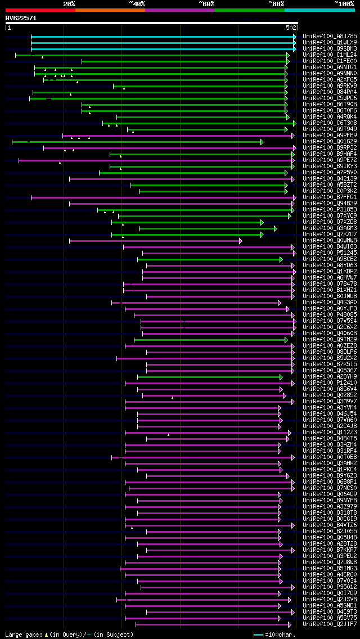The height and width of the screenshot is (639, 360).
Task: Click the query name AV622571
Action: coord(21,18)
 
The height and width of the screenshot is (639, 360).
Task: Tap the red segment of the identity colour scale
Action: coord(40,10)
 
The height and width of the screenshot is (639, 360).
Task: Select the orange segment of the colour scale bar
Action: coord(110,10)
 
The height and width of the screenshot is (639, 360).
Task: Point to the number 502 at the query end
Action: coord(291,28)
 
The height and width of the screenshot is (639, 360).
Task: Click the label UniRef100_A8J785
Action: coord(329,36)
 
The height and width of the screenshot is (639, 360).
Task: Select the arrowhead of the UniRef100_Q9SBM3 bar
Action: coord(294,48)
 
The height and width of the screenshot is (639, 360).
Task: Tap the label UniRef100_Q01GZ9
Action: coord(329,141)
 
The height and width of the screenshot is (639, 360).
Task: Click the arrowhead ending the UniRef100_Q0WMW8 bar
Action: coord(240,240)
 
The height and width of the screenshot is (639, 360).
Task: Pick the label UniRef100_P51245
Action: coord(329,253)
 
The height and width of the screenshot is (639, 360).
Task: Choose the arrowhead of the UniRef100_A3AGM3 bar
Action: coord(275,228)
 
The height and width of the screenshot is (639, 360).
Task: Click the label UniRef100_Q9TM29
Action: coord(329,339)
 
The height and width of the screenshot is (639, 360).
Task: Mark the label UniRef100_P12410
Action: coord(329,382)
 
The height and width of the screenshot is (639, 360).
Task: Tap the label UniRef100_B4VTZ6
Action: coord(329,525)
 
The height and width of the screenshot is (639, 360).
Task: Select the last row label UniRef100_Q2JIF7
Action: coord(329,624)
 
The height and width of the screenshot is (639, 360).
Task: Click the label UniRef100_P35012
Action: coord(329,587)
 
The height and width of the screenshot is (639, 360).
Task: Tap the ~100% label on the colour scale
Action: coord(344,4)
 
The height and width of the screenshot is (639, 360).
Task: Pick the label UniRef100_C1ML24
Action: coord(329,55)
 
